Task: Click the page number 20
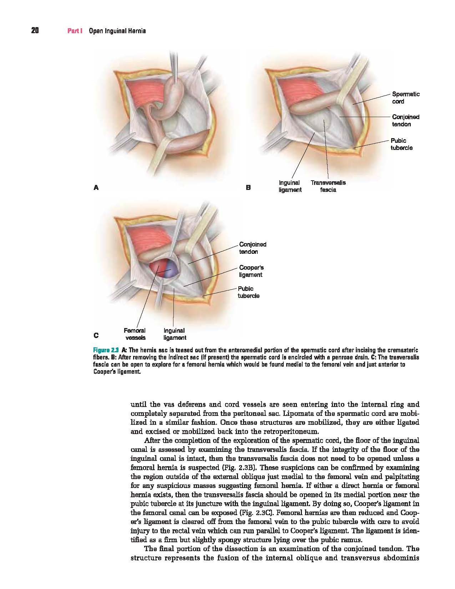click(35, 31)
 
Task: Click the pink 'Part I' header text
click(75, 31)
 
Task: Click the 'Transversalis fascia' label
click(328, 186)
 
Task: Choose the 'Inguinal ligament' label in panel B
click(290, 186)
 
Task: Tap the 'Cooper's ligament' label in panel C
click(251, 271)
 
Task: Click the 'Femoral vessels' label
click(135, 334)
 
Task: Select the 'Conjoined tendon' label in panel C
click(253, 248)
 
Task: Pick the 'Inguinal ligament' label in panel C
click(175, 334)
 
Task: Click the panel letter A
click(95, 187)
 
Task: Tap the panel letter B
click(248, 187)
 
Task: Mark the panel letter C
click(96, 335)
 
